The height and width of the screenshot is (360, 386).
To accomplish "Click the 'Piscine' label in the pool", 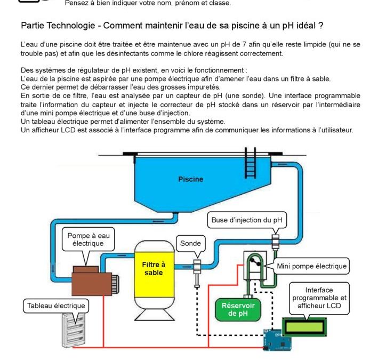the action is [x=190, y=179].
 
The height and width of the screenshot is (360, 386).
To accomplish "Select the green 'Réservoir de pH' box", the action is [x=238, y=309].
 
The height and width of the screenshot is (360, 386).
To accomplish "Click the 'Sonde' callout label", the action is [x=190, y=243].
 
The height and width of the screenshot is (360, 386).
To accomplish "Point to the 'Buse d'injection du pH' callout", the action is [x=247, y=220].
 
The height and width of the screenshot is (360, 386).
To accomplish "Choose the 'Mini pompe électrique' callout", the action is [x=311, y=266].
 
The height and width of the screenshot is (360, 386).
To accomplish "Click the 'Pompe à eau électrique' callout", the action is [x=89, y=239].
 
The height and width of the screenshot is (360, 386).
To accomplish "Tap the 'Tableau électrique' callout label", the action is [x=56, y=306].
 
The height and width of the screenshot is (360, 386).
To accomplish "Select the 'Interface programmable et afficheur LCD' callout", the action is [x=319, y=298].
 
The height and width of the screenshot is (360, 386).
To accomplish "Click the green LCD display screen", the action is [x=304, y=327].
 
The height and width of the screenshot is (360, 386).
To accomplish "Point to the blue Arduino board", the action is [x=277, y=340].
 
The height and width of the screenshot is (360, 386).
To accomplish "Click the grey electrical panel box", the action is [x=74, y=330].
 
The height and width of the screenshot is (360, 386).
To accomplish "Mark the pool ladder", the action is [x=251, y=163].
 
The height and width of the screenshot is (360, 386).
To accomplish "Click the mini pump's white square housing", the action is [x=255, y=265].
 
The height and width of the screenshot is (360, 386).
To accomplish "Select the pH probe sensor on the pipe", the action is [x=197, y=273].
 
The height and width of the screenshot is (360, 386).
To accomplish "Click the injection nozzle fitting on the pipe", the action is [x=275, y=242].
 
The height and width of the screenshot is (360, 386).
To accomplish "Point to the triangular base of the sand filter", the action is [x=155, y=314].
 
